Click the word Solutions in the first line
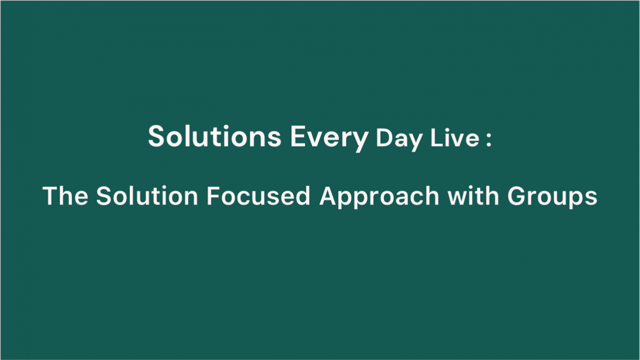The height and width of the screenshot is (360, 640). [x=214, y=136]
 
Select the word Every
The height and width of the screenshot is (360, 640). [x=329, y=138]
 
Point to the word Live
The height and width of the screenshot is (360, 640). [x=454, y=137]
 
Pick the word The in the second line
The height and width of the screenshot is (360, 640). [x=65, y=195]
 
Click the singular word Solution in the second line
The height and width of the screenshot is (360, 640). [x=147, y=195]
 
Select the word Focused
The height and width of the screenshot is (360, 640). [x=258, y=195]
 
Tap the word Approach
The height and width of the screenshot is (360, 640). [x=379, y=197]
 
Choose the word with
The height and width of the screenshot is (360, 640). [x=473, y=195]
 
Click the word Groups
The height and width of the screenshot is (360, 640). [x=552, y=197]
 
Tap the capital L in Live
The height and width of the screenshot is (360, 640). [x=436, y=137]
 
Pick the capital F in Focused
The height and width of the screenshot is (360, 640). [x=213, y=195]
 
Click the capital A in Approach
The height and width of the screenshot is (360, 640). [x=329, y=195]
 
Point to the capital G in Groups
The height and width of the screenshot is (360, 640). [x=517, y=195]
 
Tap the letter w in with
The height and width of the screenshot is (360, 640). [x=457, y=198]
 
